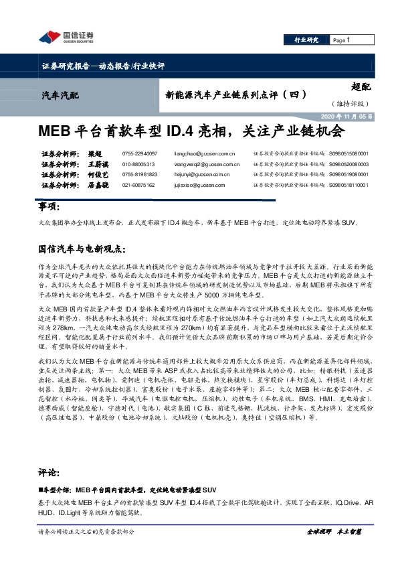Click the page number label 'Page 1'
[342, 40]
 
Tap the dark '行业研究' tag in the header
[306, 40]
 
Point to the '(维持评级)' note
[348, 103]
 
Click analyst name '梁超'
[96, 153]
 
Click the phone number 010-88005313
[138, 163]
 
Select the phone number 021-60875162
[138, 184]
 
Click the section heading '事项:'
[48, 206]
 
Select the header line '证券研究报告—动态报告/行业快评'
[103, 66]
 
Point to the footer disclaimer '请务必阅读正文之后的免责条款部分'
[87, 531]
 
